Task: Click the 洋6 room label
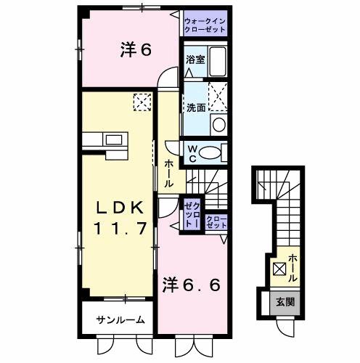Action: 135,50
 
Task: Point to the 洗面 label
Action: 195,107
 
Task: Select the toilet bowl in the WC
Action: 213,152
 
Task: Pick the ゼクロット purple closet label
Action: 192,216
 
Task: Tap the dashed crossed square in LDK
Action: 142,102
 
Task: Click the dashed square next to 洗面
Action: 216,95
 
